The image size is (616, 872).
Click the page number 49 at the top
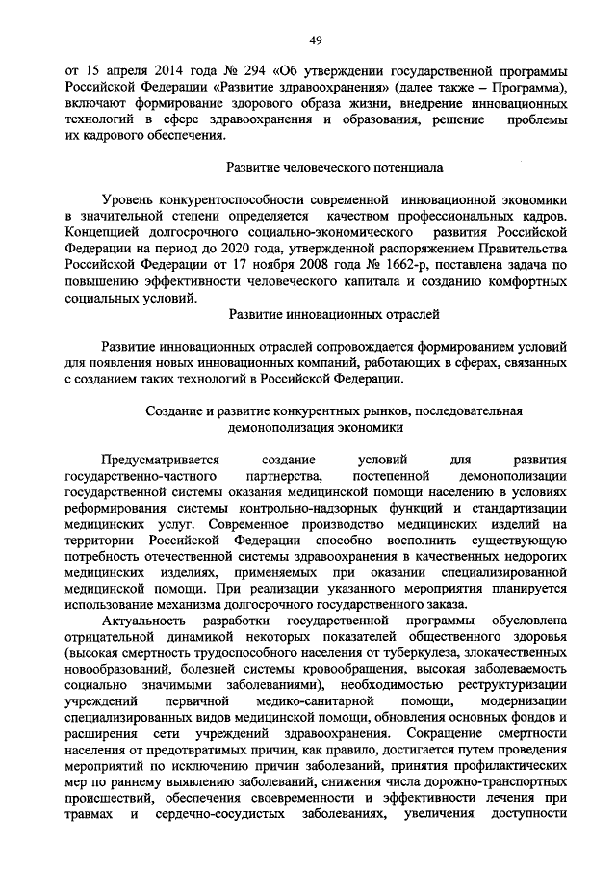tap(315, 39)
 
